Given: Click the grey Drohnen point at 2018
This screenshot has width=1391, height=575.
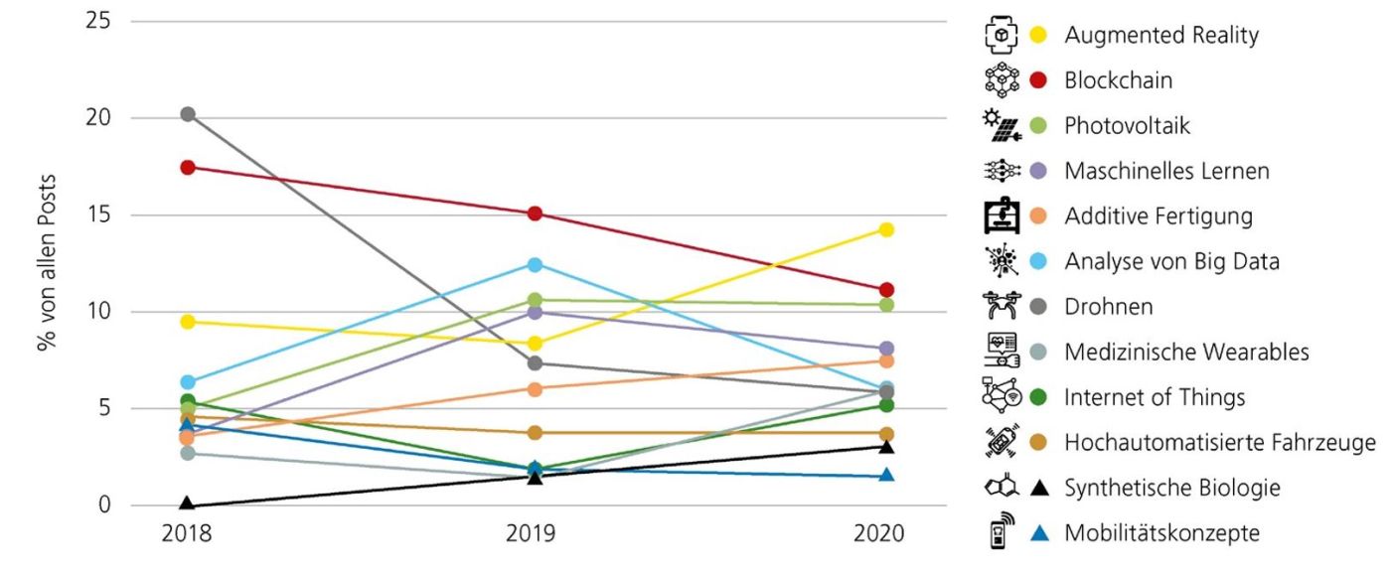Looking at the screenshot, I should point(187,114).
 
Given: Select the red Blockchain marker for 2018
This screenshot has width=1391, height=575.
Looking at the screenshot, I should point(187,167).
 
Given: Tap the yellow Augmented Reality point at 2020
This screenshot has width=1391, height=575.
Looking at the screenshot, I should point(886,229).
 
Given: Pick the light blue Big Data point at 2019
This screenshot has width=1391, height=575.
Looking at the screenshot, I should point(536,264).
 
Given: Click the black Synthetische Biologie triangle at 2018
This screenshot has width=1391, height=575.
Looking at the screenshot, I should point(187,505).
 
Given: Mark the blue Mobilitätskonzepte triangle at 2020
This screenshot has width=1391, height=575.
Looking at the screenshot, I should point(886,476).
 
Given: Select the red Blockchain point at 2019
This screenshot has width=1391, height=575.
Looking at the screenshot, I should point(536,214).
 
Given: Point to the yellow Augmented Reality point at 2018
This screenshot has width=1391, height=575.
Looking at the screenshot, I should point(187,322).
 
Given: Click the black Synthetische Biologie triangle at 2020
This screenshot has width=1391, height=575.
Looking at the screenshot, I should point(886,447).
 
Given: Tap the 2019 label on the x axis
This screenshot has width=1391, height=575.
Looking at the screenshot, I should point(536,534).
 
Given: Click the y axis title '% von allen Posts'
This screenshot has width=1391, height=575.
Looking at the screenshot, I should point(48,263).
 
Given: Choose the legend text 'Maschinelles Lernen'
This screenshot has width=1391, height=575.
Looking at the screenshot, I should point(1166,171).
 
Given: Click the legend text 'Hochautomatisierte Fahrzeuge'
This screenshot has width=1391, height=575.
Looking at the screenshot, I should point(1220,443).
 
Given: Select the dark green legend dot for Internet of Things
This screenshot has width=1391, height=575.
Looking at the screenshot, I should point(1039,398).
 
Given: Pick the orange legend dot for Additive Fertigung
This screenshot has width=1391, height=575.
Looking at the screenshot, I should point(1039,216).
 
